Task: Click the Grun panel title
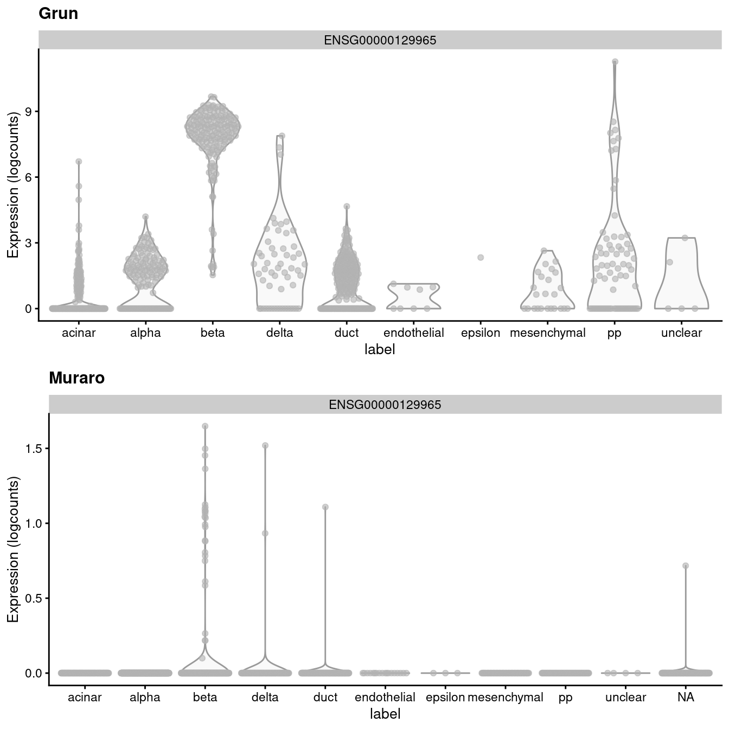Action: click(58, 14)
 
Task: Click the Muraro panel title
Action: click(76, 378)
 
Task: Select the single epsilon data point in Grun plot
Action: click(481, 258)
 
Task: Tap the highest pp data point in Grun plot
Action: click(615, 62)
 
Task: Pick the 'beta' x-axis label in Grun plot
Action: click(213, 333)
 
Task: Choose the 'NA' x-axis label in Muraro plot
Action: click(686, 698)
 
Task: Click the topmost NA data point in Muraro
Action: click(686, 566)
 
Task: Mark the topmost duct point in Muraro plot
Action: click(325, 507)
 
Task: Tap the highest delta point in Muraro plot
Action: click(265, 445)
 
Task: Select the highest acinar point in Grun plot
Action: click(79, 162)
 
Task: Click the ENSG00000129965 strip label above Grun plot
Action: click(380, 41)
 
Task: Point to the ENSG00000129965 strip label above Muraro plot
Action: click(385, 405)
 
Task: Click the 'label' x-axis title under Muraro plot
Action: click(385, 714)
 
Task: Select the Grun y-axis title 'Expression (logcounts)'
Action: click(13, 184)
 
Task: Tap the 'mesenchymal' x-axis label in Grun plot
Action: click(547, 333)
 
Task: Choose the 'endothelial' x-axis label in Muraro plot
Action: click(385, 698)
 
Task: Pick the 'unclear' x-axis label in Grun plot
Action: click(681, 333)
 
